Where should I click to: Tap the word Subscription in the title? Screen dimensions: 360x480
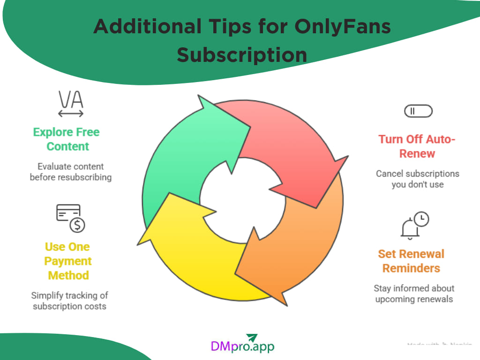click(x=242, y=55)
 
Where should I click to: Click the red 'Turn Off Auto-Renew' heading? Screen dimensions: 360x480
click(x=417, y=146)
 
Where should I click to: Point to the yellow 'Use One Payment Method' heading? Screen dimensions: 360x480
click(x=68, y=261)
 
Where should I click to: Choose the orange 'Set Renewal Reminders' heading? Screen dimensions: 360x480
click(x=411, y=261)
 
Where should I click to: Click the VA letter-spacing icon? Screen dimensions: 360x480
click(x=71, y=103)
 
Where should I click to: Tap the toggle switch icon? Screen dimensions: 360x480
click(x=418, y=111)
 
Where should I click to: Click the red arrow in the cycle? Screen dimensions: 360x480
click(x=286, y=141)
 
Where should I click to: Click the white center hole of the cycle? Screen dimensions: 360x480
click(x=242, y=200)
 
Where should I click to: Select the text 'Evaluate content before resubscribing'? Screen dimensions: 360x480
click(x=71, y=172)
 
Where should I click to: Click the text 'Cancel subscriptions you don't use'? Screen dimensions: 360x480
click(x=418, y=179)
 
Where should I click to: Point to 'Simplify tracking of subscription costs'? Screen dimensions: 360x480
click(x=69, y=300)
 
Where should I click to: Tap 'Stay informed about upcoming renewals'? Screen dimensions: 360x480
click(x=414, y=293)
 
